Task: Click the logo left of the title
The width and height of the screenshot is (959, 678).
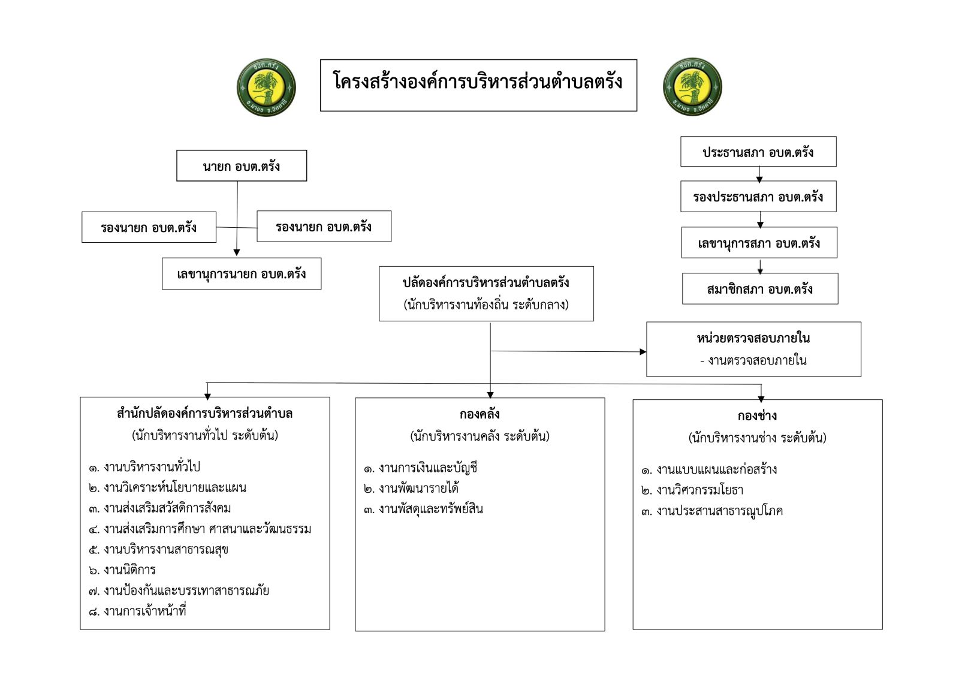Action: pyautogui.click(x=266, y=88)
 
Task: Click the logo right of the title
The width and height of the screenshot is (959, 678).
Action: pyautogui.click(x=692, y=88)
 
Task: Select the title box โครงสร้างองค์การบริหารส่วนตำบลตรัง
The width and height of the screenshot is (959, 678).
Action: pyautogui.click(x=478, y=85)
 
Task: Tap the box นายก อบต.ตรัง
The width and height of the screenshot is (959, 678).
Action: pyautogui.click(x=242, y=166)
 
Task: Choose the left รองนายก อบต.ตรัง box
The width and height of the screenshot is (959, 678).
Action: pyautogui.click(x=149, y=227)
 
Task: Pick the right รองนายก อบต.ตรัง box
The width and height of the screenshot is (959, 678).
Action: pyautogui.click(x=324, y=227)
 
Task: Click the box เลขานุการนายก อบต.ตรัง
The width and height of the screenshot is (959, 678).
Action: pyautogui.click(x=242, y=274)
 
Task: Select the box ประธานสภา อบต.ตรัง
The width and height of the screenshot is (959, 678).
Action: pyautogui.click(x=758, y=152)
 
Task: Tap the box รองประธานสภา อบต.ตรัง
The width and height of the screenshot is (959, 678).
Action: pyautogui.click(x=758, y=197)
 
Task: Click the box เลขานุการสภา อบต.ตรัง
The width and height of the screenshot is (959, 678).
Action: pyautogui.click(x=759, y=243)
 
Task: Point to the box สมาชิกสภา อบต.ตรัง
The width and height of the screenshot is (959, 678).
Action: pyautogui.click(x=760, y=289)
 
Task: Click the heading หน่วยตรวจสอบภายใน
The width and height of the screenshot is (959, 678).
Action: pyautogui.click(x=753, y=338)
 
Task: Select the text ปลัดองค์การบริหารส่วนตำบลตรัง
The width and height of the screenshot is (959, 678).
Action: pyautogui.click(x=486, y=282)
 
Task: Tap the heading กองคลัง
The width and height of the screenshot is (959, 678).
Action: pyautogui.click(x=479, y=414)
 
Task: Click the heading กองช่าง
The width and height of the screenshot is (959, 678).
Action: pyautogui.click(x=758, y=416)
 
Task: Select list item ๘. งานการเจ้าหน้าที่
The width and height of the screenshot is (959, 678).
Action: pyautogui.click(x=137, y=611)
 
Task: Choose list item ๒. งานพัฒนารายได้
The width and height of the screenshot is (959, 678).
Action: pyautogui.click(x=411, y=489)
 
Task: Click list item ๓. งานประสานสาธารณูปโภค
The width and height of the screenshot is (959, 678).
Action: pyautogui.click(x=712, y=511)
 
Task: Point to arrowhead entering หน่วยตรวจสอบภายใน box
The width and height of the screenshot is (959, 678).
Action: pyautogui.click(x=643, y=352)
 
